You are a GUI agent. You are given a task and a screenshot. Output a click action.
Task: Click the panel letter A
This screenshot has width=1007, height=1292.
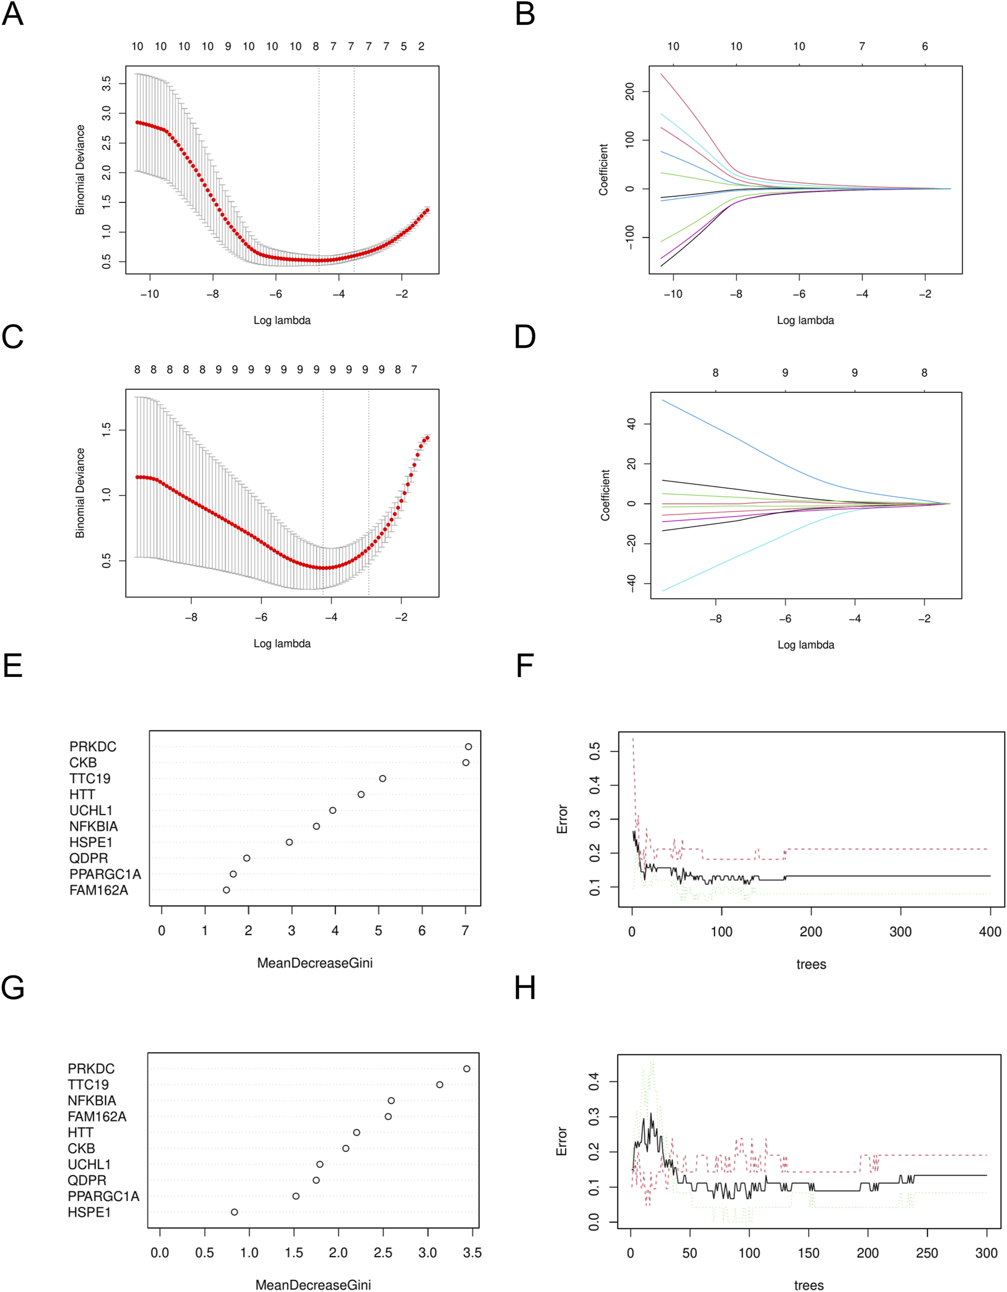pos(13,14)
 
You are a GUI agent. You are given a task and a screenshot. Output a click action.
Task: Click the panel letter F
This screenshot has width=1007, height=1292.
pos(525,666)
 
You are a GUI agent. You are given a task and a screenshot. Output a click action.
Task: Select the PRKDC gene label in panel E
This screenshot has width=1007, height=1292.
pos(93,746)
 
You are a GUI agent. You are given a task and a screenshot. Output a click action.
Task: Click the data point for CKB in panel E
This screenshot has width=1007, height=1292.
pos(466,763)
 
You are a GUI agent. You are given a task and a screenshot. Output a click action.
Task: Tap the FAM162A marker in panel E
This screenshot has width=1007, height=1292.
pos(227,890)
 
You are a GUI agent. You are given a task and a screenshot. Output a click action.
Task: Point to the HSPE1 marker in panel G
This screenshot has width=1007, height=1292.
pos(235,1212)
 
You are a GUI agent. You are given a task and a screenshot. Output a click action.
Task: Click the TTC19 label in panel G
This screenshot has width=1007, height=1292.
pos(88,1085)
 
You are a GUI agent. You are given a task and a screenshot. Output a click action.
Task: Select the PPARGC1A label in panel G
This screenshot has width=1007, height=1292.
pos(103,1196)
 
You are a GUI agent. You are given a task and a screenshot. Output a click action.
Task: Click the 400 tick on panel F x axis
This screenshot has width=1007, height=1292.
pos(990,932)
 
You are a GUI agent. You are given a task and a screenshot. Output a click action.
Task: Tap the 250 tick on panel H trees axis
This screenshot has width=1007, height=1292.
pos(926,1253)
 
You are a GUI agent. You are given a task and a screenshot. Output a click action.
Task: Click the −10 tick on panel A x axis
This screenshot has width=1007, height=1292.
pos(149,294)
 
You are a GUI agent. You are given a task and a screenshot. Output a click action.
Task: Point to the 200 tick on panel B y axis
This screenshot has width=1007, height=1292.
pos(630,92)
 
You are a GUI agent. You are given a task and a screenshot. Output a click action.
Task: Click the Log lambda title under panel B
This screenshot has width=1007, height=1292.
pos(805,320)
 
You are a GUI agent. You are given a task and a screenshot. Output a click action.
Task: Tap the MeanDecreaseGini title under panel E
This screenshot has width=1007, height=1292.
pos(315,963)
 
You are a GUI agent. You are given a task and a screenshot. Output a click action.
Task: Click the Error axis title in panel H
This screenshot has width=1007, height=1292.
pos(561,1141)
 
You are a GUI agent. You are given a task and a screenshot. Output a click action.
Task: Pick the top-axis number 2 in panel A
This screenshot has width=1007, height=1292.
pos(421,46)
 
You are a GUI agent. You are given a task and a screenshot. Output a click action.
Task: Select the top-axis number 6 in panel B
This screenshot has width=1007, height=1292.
pos(925,46)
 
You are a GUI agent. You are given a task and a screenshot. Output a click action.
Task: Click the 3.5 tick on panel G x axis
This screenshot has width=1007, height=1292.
pos(472,1253)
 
